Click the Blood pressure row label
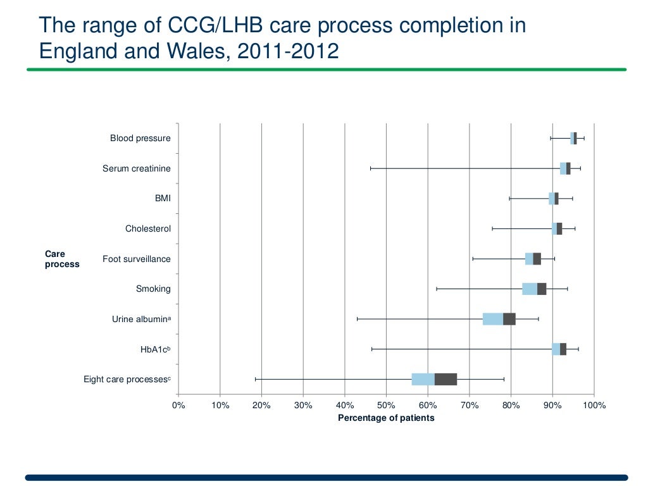[x=140, y=138]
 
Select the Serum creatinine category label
[x=136, y=168]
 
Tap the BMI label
[x=163, y=199]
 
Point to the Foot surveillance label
[x=136, y=259]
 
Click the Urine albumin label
[x=141, y=319]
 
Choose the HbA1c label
[x=155, y=349]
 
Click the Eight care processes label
[x=127, y=379]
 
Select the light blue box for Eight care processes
[x=423, y=379]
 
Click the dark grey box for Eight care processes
[x=445, y=379]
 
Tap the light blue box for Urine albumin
[x=492, y=319]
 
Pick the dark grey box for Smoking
[x=542, y=289]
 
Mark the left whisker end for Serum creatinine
[x=371, y=168]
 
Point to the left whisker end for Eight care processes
[x=256, y=379]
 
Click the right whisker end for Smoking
[x=567, y=289]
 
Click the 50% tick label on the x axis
[x=386, y=406]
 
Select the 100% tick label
[x=594, y=406]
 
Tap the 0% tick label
[x=178, y=406]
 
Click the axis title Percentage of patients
[x=386, y=418]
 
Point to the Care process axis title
[x=62, y=259]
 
